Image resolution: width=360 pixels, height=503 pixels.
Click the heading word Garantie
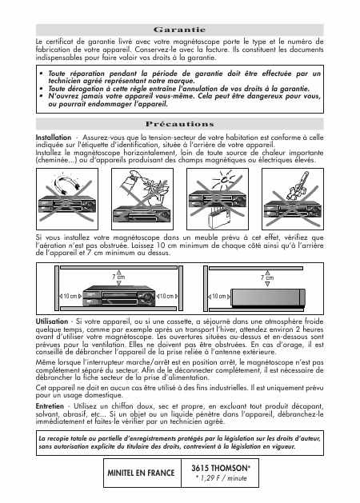(x=179, y=30)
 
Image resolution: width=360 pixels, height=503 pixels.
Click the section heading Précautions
(x=180, y=124)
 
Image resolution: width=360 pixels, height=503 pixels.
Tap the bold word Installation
(x=54, y=138)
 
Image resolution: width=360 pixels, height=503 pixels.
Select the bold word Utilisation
(x=52, y=321)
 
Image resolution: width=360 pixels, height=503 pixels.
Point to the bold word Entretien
(x=50, y=406)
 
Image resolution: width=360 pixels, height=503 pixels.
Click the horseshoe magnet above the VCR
(x=66, y=184)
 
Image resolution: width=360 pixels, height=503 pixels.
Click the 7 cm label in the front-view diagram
(x=118, y=277)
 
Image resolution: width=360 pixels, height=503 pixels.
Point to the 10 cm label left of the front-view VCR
(x=70, y=296)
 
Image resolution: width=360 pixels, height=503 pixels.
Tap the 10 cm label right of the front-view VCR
(x=166, y=296)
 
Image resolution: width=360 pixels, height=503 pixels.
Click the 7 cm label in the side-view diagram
(x=267, y=277)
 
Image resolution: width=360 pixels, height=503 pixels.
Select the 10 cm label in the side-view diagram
(x=219, y=297)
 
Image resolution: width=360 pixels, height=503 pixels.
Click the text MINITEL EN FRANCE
(x=141, y=473)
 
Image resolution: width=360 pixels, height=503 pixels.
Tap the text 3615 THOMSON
(x=221, y=468)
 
